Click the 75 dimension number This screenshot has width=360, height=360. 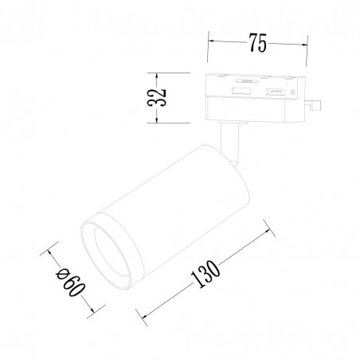click(257, 42)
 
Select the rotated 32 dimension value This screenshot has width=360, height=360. click(157, 97)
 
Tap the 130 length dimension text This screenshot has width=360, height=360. click(205, 274)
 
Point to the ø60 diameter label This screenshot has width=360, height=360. click(71, 282)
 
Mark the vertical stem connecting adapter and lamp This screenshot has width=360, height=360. click(229, 143)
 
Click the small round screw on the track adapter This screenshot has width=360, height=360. click(293, 92)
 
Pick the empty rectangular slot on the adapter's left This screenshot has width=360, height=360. click(241, 91)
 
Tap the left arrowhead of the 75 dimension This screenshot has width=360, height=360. click(211, 41)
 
